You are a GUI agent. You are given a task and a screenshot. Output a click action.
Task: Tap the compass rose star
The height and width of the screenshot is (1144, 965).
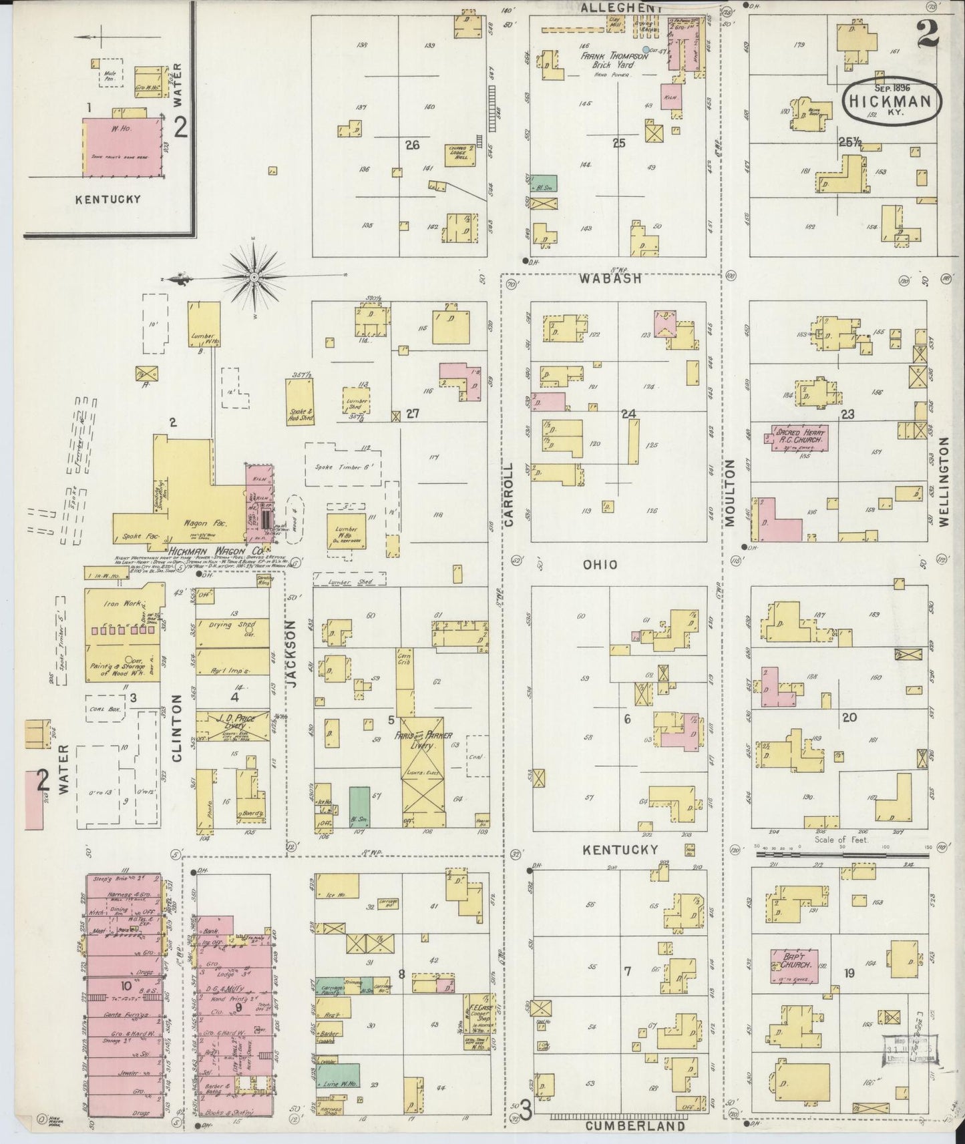point(254,276)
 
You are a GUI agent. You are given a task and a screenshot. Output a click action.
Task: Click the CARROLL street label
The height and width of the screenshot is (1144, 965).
point(510,495)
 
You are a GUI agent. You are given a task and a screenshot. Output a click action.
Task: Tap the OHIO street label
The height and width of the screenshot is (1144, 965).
point(600,565)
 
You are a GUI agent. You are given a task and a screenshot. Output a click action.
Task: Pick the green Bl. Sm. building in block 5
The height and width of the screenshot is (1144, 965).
point(359,806)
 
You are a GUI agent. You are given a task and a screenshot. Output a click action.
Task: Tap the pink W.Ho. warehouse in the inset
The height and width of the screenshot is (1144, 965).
point(123,148)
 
